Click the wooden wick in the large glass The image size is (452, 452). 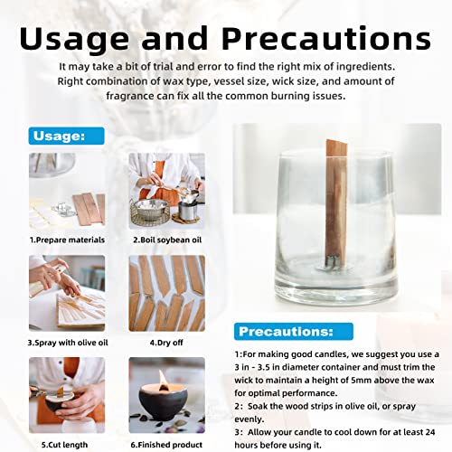(x=335, y=199)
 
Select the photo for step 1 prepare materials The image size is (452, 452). (x=66, y=192)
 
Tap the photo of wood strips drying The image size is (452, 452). (x=166, y=293)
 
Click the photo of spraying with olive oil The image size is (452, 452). (x=66, y=293)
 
